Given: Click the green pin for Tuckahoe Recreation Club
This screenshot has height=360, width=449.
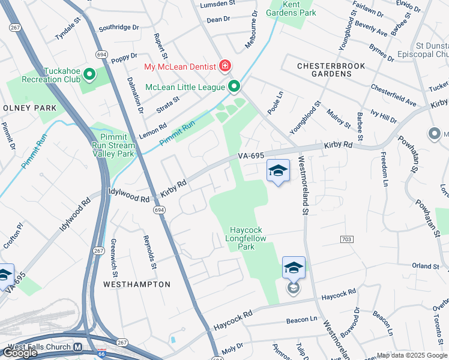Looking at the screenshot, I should pos(89,74).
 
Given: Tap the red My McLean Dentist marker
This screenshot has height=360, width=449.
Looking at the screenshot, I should pos(225,65).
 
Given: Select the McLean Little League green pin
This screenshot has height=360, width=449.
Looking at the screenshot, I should pos(234,87).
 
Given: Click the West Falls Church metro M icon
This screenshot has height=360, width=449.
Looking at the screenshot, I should pos(77,347).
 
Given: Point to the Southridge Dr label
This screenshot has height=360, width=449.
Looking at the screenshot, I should pos(118,28).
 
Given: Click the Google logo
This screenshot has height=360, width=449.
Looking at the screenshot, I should pos(20,353).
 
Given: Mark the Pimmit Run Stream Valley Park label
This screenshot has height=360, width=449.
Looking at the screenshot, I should pos(113,145).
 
